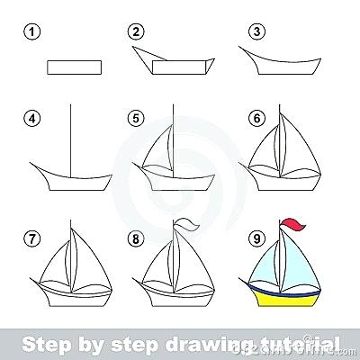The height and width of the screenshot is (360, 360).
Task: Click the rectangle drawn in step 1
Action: [72, 66]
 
